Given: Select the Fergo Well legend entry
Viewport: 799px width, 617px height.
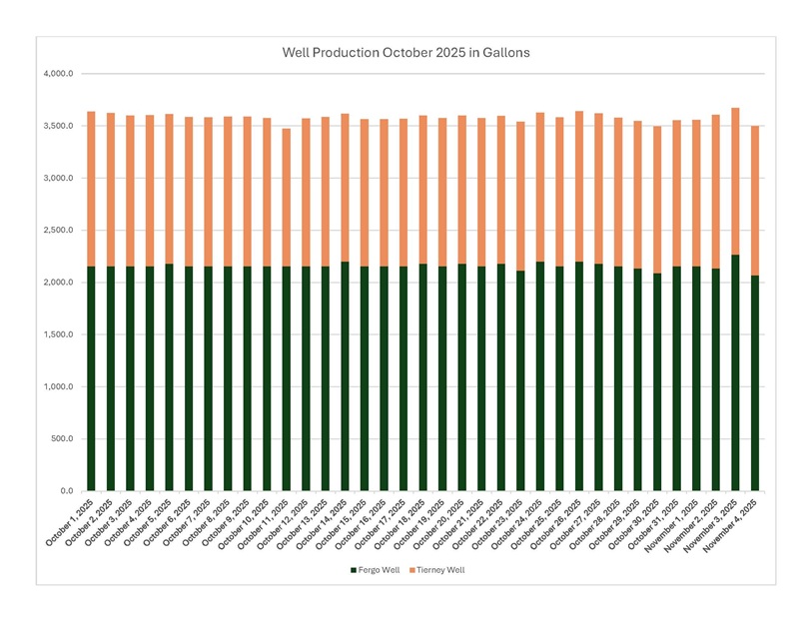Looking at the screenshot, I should [x=377, y=570].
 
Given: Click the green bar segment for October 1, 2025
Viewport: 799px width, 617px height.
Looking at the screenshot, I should [x=92, y=379].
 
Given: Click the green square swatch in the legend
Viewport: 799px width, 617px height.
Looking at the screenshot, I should [x=353, y=570].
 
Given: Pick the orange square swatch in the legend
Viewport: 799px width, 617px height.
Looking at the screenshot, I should [x=412, y=570].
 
